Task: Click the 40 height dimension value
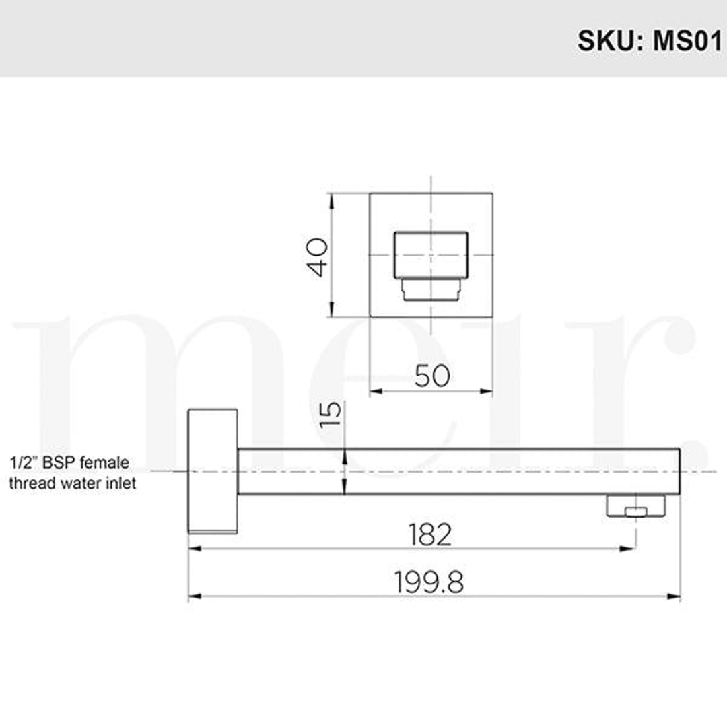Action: pyautogui.click(x=318, y=256)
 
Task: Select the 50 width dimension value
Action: pyautogui.click(x=431, y=376)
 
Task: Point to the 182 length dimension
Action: pyautogui.click(x=430, y=534)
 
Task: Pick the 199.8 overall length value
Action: pyautogui.click(x=429, y=583)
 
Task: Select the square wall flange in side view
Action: pyautogui.click(x=213, y=471)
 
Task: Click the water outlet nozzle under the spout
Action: pyautogui.click(x=635, y=506)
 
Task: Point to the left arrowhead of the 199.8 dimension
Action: pyautogui.click(x=194, y=596)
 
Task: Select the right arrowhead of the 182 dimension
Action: pyautogui.click(x=630, y=549)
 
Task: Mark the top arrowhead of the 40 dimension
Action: pyautogui.click(x=331, y=199)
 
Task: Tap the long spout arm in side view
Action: pyautogui.click(x=458, y=471)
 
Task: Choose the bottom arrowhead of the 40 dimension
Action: pyautogui.click(x=331, y=312)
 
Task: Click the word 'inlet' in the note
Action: pyautogui.click(x=122, y=483)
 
